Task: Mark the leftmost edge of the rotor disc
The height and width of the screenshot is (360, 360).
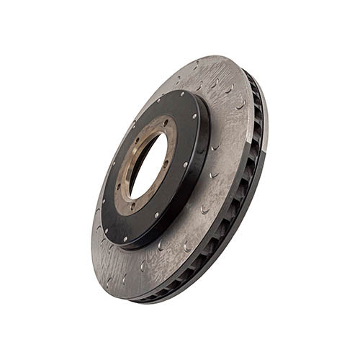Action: (92, 238)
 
